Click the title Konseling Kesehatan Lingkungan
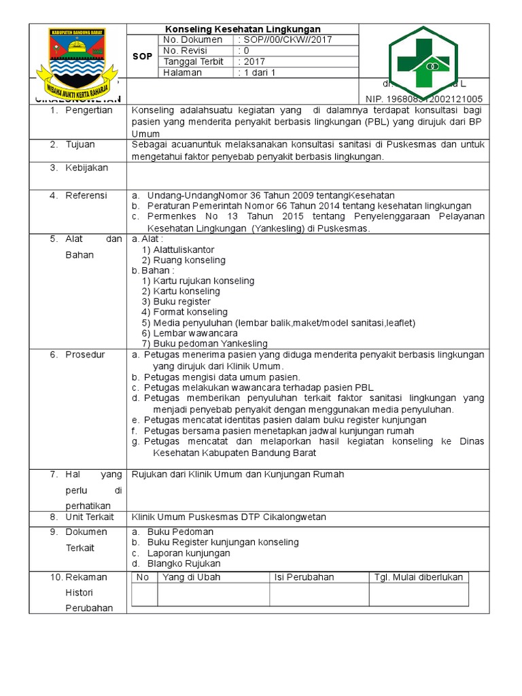pyautogui.click(x=243, y=29)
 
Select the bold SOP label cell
pyautogui.click(x=142, y=57)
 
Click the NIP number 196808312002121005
pyautogui.click(x=424, y=99)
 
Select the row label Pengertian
pyautogui.click(x=88, y=110)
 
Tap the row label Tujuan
pyautogui.click(x=80, y=145)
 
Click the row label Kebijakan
pyautogui.click(x=86, y=167)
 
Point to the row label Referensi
pyautogui.click(x=86, y=196)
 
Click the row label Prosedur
pyautogui.click(x=85, y=355)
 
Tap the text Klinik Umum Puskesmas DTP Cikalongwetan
pyautogui.click(x=228, y=517)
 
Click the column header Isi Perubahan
pyautogui.click(x=304, y=577)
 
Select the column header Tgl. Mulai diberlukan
pyautogui.click(x=419, y=577)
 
